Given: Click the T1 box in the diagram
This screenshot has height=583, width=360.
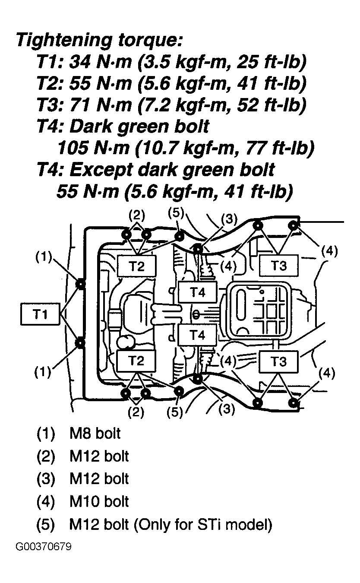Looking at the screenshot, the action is click(x=40, y=314).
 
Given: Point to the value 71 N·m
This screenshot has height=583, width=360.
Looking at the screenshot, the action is click(x=100, y=105).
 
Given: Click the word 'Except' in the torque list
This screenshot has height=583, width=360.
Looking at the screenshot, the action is click(x=101, y=170).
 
